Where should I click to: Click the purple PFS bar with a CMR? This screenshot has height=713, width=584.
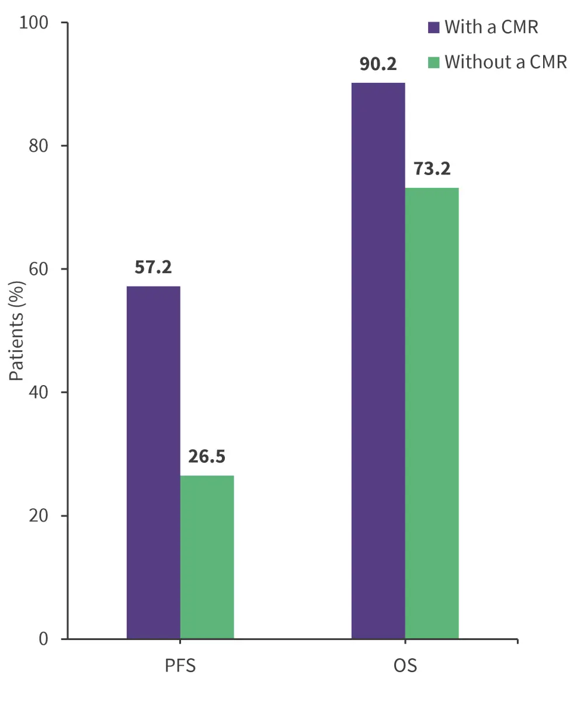(153, 462)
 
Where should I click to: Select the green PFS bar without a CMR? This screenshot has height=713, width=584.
(207, 557)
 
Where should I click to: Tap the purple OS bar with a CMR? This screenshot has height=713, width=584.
(378, 361)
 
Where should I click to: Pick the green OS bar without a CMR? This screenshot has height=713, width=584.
(432, 413)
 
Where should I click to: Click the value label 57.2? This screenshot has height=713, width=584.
(153, 267)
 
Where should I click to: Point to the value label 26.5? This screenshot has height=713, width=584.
(207, 456)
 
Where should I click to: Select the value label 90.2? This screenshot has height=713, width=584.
(378, 64)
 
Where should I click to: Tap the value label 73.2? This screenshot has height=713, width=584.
(432, 169)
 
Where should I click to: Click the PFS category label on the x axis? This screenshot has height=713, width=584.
(180, 665)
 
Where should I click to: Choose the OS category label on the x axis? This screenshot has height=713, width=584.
(405, 665)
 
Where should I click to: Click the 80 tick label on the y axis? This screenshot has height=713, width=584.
(40, 146)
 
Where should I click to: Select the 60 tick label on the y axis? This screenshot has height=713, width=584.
(40, 269)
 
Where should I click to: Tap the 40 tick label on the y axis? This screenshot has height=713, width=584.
(40, 392)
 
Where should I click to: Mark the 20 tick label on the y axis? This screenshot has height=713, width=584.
(40, 516)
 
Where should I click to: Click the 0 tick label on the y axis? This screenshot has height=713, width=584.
(44, 639)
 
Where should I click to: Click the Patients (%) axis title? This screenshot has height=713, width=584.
(17, 331)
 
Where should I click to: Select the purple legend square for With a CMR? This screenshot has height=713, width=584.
(433, 27)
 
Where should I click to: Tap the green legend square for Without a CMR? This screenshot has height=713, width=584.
(433, 62)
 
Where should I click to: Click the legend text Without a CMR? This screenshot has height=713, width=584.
(506, 62)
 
